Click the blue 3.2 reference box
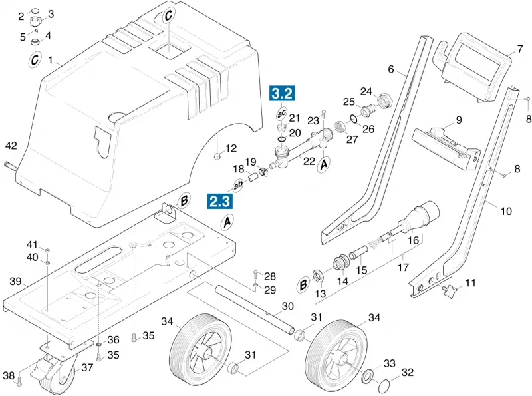click(x=282, y=93)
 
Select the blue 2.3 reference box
click(x=220, y=201)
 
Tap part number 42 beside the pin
click(x=11, y=146)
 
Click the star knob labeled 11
click(x=449, y=292)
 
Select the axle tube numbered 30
click(x=255, y=310)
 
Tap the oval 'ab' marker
click(x=238, y=184)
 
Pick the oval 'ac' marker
click(x=282, y=114)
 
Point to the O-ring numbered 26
click(x=354, y=119)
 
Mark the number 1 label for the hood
click(x=51, y=61)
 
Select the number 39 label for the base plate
click(x=15, y=282)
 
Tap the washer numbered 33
click(x=368, y=376)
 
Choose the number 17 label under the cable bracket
click(x=403, y=268)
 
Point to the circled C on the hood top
click(x=169, y=15)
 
